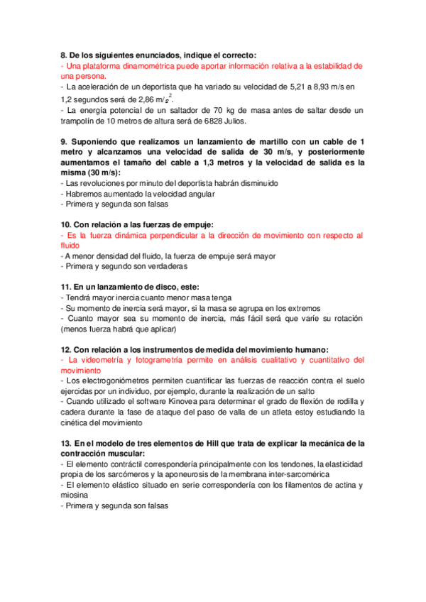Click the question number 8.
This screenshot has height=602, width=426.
click(63, 55)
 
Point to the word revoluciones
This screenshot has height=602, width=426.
click(92, 183)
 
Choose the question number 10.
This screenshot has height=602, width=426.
click(65, 224)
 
